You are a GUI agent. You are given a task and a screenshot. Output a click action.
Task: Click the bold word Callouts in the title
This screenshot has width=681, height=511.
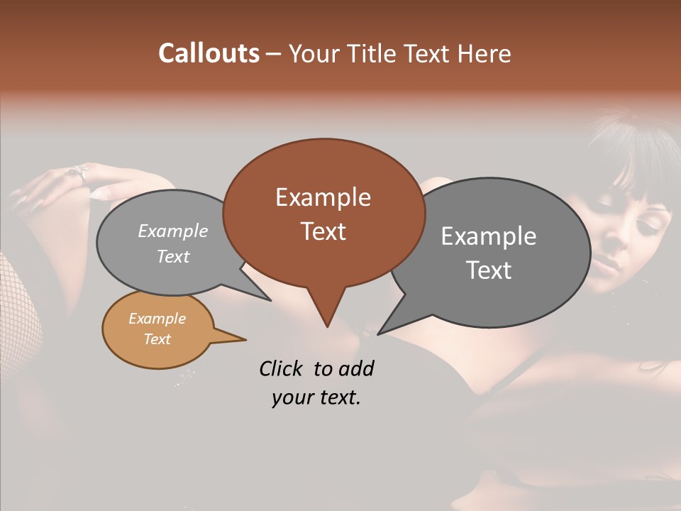209,53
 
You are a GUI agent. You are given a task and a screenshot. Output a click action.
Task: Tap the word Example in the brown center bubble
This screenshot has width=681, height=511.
323,197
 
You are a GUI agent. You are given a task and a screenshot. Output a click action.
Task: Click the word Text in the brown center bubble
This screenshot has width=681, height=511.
323,231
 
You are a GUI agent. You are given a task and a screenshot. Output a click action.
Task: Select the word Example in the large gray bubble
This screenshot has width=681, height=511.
489,236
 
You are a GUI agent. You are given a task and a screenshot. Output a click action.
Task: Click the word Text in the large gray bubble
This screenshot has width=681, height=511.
489,270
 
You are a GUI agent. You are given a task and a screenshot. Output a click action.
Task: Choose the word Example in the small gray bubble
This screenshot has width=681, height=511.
173,231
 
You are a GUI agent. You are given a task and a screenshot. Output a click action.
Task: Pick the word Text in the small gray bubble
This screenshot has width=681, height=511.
173,256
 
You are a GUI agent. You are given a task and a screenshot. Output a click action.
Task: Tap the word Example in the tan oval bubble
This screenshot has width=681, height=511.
157,319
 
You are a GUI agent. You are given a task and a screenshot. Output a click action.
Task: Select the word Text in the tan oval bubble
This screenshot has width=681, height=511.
157,339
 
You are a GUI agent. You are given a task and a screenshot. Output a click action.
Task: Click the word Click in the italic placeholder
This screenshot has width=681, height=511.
283,368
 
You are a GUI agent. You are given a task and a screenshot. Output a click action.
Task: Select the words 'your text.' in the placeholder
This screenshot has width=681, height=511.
316,398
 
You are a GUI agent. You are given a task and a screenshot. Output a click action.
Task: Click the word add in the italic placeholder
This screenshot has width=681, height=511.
355,368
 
